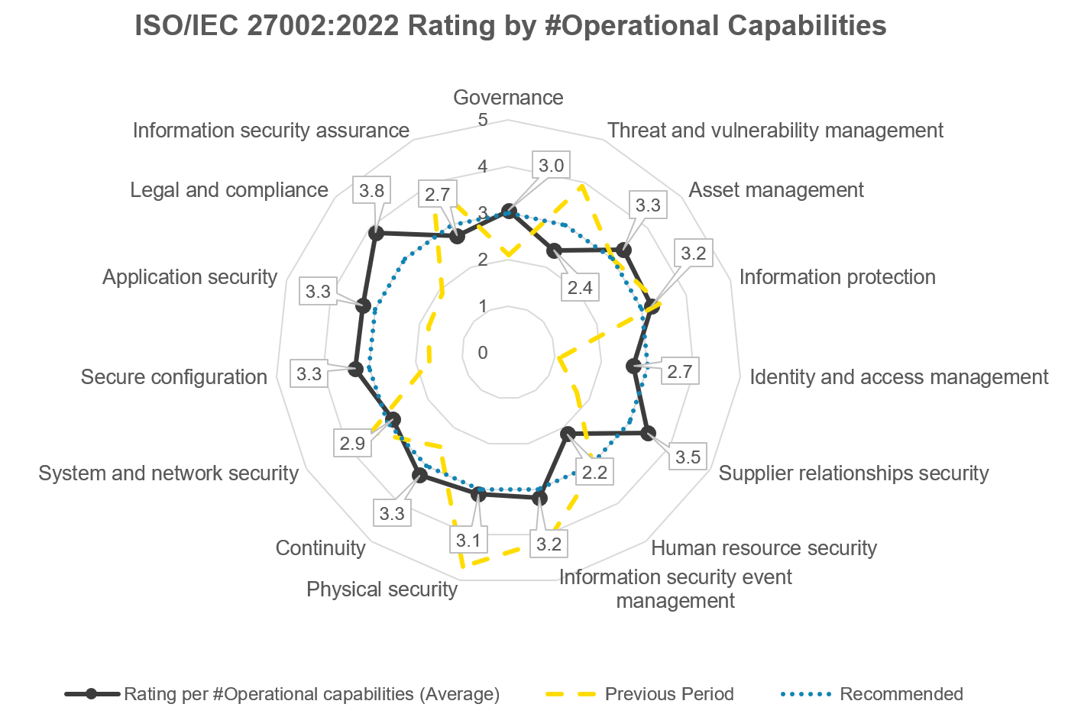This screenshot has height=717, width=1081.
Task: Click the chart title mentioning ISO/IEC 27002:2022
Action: pyautogui.click(x=510, y=26)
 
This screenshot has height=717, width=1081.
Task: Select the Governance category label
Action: pyautogui.click(x=508, y=98)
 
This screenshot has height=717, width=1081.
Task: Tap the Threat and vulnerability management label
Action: pyautogui.click(x=775, y=131)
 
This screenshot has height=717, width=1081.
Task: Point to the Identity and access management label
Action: pyautogui.click(x=898, y=377)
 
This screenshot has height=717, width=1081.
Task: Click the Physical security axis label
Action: pyautogui.click(x=381, y=589)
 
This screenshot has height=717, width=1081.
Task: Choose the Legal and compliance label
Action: pyautogui.click(x=228, y=190)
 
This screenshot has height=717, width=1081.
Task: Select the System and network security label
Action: pyautogui.click(x=168, y=473)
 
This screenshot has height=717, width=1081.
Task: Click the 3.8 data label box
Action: pyautogui.click(x=372, y=190)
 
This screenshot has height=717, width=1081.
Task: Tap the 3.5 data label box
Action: pyautogui.click(x=688, y=457)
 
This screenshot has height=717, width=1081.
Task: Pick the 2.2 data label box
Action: pyautogui.click(x=594, y=473)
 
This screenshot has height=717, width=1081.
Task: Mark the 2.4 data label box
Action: pyautogui.click(x=580, y=288)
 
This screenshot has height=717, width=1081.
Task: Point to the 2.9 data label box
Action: pyautogui.click(x=352, y=443)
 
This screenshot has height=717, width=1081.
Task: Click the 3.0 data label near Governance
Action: pyautogui.click(x=551, y=166)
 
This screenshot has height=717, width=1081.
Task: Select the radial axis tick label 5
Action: pyautogui.click(x=482, y=120)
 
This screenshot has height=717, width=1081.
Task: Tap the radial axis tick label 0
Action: pyautogui.click(x=482, y=353)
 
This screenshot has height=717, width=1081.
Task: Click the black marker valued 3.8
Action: pyautogui.click(x=375, y=233)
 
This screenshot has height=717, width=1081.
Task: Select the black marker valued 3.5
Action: pyautogui.click(x=648, y=433)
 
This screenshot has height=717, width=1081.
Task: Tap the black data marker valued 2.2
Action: pyautogui.click(x=567, y=434)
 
